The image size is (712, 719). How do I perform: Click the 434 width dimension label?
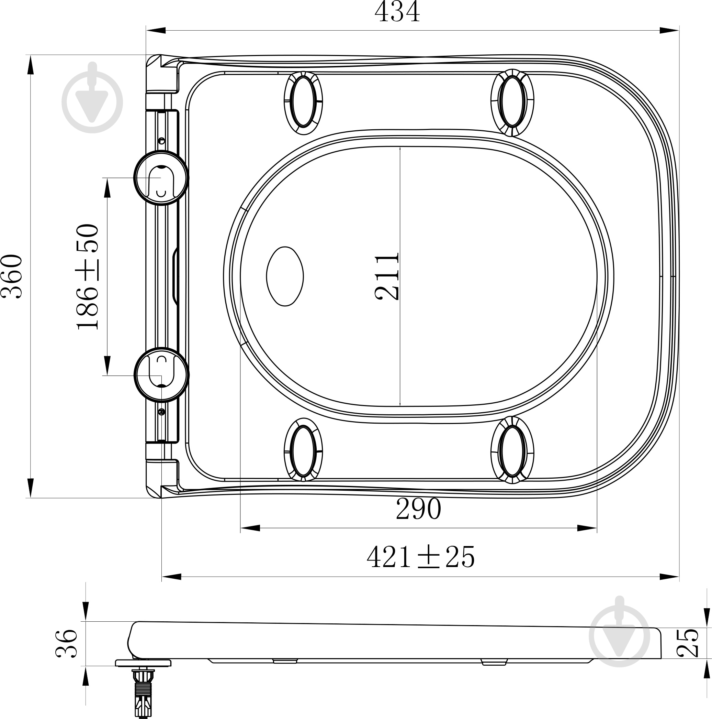[x=397, y=12]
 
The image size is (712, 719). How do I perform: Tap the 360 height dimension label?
[x=12, y=276]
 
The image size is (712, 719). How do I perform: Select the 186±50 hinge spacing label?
[x=88, y=276]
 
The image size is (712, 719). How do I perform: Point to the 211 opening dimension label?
[x=387, y=276]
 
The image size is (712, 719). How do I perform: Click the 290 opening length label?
[x=419, y=509]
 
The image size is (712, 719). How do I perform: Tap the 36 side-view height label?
[x=67, y=643]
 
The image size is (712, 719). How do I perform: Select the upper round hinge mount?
[x=161, y=178]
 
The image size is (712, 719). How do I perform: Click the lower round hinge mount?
[x=161, y=375]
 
